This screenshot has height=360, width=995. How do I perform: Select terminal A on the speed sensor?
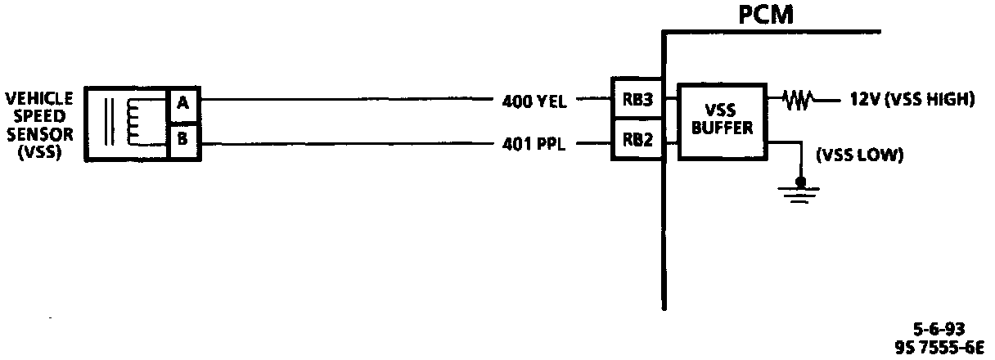pyautogui.click(x=182, y=103)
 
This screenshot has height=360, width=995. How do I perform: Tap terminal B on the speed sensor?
pyautogui.click(x=182, y=139)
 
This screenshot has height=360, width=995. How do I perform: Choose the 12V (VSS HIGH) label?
pyautogui.click(x=906, y=100)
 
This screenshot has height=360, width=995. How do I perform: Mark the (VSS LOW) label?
pyautogui.click(x=859, y=155)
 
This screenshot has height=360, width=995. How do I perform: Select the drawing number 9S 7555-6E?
pyautogui.click(x=939, y=347)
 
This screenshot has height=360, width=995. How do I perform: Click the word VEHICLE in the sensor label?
pyautogui.click(x=39, y=98)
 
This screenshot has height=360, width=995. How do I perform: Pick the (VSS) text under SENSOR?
pyautogui.click(x=39, y=151)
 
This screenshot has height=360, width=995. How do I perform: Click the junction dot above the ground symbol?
pyautogui.click(x=801, y=181)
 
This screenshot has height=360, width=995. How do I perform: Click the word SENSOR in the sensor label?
pyautogui.click(x=39, y=133)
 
